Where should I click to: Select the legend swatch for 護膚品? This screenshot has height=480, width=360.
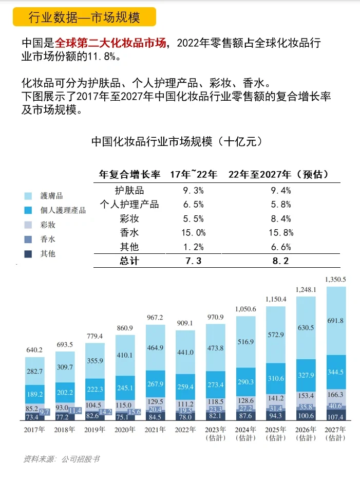[x=28, y=196]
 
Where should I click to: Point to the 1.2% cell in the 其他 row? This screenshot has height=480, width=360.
[x=194, y=247]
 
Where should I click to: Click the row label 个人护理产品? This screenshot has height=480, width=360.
[x=129, y=204]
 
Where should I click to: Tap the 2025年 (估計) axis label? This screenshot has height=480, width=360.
[x=276, y=433]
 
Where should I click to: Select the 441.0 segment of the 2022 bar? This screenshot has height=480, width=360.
[x=185, y=352]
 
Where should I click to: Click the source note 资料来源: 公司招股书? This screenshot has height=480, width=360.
[x=61, y=459]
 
